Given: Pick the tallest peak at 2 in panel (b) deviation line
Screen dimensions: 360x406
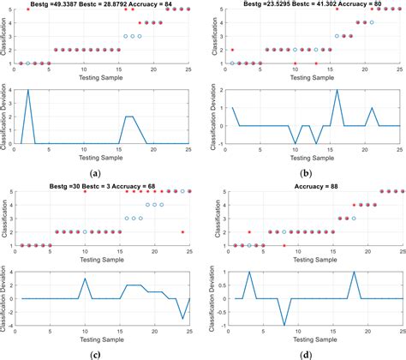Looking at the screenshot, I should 337,91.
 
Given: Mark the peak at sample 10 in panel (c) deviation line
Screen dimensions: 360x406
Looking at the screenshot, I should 85,279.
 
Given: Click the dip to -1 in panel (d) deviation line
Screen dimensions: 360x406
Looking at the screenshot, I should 284,325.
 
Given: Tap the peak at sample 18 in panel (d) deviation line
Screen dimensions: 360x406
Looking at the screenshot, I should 352,273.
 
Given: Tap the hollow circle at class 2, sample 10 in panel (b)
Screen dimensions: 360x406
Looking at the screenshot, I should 295,50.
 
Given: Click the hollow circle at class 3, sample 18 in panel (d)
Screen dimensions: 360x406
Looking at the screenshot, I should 352,218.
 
